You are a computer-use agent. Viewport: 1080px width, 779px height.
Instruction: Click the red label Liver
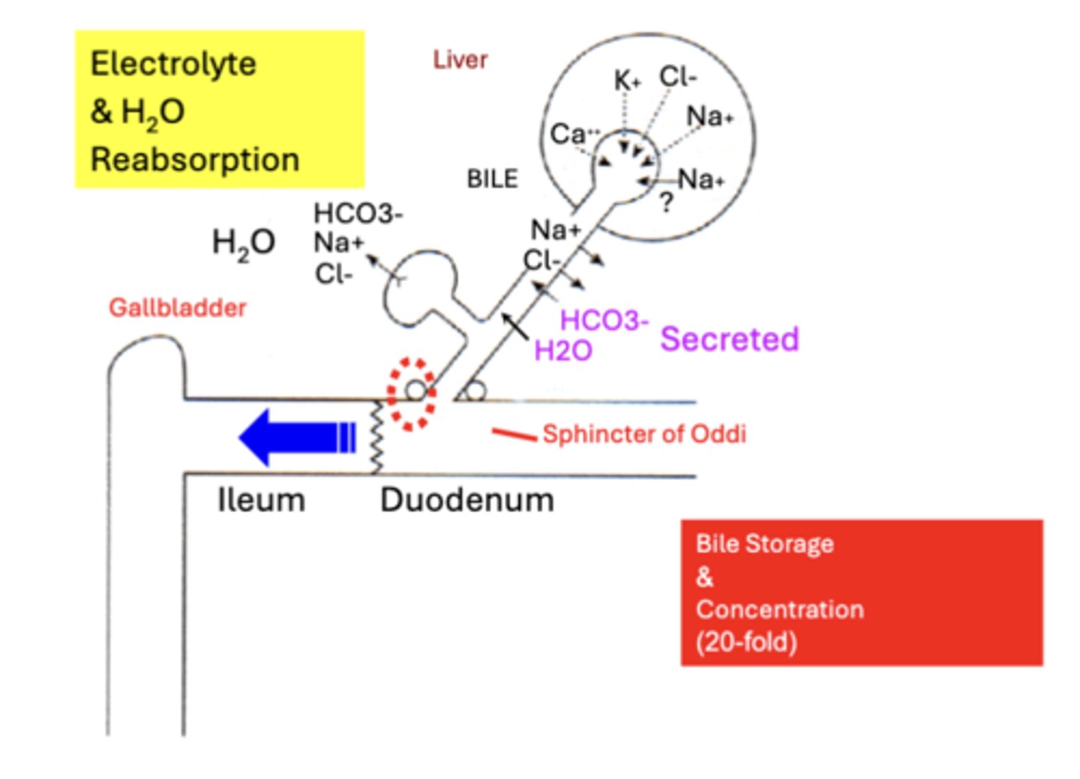[460, 60]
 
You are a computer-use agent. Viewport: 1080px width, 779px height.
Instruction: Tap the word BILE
[492, 179]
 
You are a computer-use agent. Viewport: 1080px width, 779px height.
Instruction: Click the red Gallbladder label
[177, 307]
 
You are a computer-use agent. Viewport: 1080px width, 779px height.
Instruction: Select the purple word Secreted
[729, 339]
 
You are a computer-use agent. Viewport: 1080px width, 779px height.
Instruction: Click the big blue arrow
[296, 437]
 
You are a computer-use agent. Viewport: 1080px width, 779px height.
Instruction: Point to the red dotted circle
[411, 394]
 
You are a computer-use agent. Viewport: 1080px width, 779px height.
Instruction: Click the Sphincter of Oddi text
[643, 434]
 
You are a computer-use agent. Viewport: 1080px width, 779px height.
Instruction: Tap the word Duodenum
[466, 500]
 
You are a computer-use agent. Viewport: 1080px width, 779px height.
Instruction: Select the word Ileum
[261, 500]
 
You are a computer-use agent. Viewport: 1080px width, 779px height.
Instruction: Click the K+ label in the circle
[627, 80]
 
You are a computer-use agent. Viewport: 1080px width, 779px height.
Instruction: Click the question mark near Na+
[666, 202]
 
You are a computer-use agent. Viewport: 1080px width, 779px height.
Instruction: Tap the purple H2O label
[562, 350]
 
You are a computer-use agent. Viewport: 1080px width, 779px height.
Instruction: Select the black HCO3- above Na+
[357, 214]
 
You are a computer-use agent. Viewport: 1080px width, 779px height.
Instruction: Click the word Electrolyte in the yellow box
[173, 64]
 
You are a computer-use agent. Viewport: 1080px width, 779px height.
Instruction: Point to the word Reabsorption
[195, 160]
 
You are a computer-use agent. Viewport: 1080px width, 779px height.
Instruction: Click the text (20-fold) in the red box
[745, 643]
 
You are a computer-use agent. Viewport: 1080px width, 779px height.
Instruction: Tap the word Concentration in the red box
[779, 610]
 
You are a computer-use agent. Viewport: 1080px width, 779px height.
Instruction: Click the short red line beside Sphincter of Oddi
[514, 433]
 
